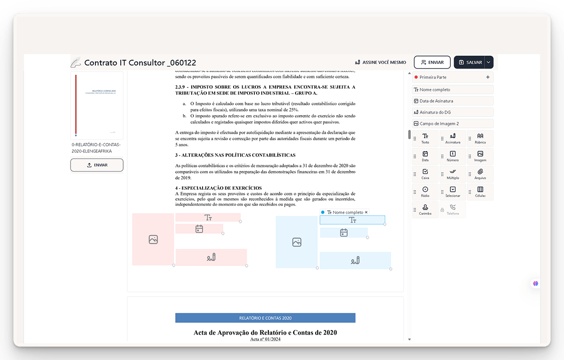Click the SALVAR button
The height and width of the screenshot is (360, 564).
[x=470, y=62]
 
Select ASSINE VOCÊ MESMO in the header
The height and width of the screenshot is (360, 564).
[x=380, y=62]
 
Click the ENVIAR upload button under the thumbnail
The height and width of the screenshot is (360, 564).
[x=97, y=165]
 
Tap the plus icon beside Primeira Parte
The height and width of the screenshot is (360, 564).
[x=488, y=77]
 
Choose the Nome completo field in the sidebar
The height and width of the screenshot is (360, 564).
[x=453, y=90]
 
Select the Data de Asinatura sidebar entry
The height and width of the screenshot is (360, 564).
[x=453, y=101]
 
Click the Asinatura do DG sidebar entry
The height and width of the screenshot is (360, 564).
[x=453, y=112]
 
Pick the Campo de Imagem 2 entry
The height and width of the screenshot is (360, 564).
[x=453, y=124]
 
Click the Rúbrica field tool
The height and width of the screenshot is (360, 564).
[x=480, y=138]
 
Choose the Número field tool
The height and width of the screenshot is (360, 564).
[x=453, y=156]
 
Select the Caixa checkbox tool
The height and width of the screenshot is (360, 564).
[x=425, y=174]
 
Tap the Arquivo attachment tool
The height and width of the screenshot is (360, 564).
[x=480, y=174]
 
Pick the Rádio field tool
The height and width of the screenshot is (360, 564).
[x=425, y=192]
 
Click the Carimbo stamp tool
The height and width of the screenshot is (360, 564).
[x=425, y=210]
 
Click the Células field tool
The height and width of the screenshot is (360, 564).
[x=480, y=192]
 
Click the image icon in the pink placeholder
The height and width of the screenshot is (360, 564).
[x=153, y=239]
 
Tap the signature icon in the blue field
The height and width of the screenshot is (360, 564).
[x=355, y=260]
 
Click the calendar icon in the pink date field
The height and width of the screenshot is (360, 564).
[x=199, y=229]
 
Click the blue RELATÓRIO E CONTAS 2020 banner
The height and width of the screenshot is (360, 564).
[x=265, y=318]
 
